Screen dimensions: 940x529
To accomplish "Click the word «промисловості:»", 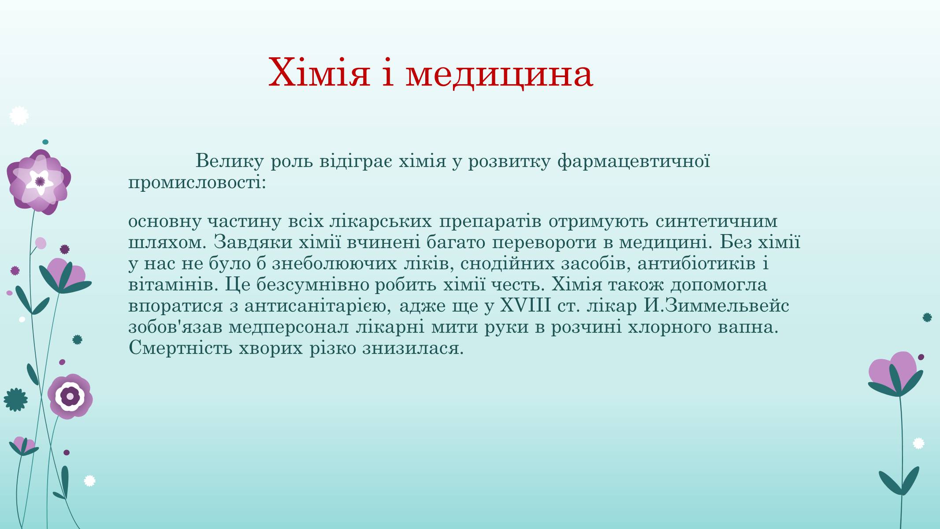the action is pyautogui.click(x=197, y=183).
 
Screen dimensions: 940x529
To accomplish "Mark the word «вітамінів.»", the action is pyautogui.click(x=174, y=285).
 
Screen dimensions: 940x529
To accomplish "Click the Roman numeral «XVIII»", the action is pyautogui.click(x=525, y=305).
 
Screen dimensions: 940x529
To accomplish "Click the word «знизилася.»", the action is pyautogui.click(x=413, y=349).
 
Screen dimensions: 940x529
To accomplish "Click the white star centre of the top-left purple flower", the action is pyautogui.click(x=40, y=181).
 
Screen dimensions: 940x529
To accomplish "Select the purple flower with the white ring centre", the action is pyautogui.click(x=70, y=396).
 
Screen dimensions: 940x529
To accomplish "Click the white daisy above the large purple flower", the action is pyautogui.click(x=19, y=116).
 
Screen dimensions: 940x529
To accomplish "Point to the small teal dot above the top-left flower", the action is pyautogui.click(x=45, y=142).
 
